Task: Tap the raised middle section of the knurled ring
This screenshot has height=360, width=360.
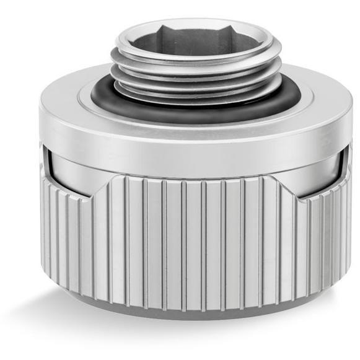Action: [x=196, y=235]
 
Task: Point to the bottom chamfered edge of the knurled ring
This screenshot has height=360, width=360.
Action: [x=196, y=310]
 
